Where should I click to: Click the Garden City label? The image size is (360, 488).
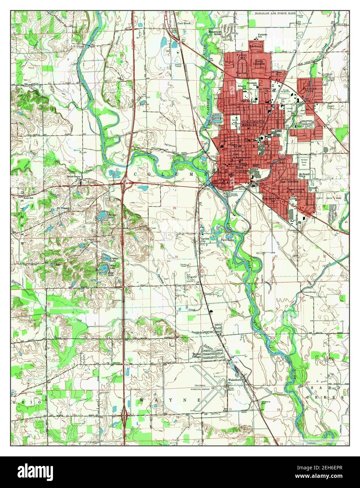coord(205,240)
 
